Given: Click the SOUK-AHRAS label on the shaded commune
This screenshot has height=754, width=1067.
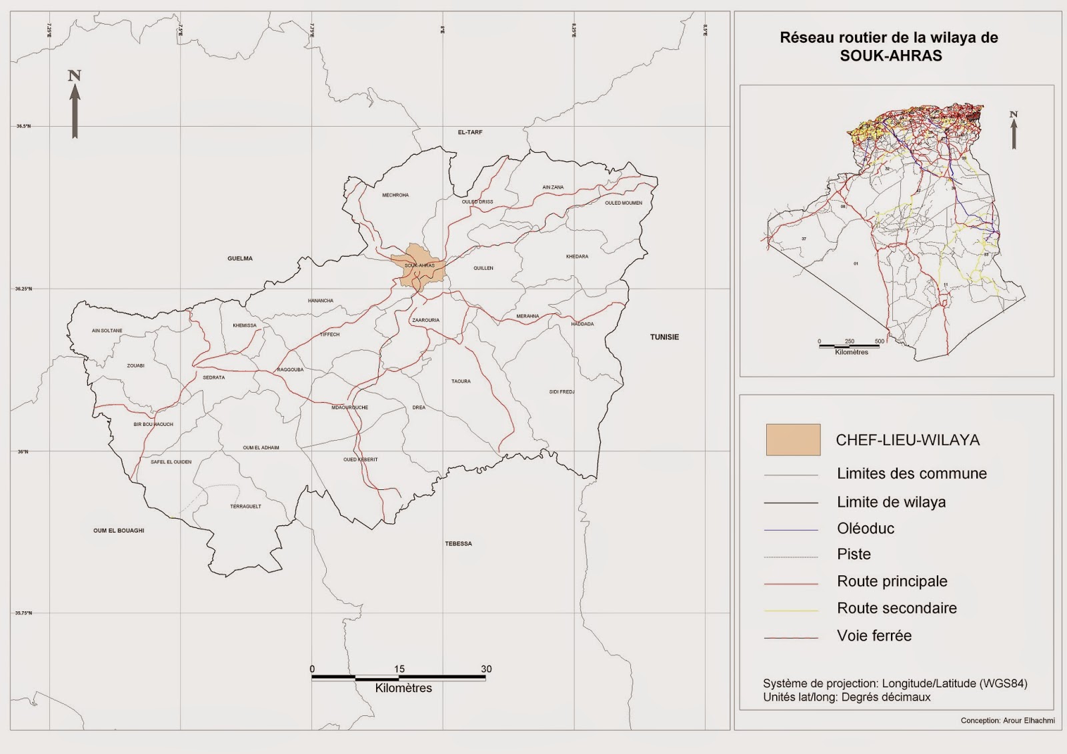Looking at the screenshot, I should click(419, 265).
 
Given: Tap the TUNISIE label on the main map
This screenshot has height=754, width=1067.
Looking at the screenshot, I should click(664, 337).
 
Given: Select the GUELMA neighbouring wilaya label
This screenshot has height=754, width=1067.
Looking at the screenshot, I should click(240, 259).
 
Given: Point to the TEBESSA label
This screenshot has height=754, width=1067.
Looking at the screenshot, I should click(458, 544).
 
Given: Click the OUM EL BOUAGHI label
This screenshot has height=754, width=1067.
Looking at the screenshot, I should click(119, 531).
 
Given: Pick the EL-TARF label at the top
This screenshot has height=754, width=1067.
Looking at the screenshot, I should click(469, 133).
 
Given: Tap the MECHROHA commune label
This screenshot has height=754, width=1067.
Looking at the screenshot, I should click(395, 195).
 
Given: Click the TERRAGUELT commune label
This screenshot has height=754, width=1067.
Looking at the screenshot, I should click(245, 507).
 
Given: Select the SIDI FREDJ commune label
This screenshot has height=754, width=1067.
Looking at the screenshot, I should click(562, 392).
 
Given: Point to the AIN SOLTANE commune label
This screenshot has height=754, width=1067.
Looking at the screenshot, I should click(107, 331).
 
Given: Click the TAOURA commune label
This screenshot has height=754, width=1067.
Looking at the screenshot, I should click(461, 381).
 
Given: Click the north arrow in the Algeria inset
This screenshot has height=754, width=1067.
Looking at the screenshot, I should click(1014, 130).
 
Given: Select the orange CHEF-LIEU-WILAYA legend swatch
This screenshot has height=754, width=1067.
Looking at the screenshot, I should click(793, 440).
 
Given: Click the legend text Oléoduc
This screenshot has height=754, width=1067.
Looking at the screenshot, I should click(866, 529).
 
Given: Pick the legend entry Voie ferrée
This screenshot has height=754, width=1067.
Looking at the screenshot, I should click(874, 636).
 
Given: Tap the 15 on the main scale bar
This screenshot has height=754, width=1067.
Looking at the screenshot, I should click(399, 669).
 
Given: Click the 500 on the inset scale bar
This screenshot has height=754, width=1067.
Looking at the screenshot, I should click(880, 341).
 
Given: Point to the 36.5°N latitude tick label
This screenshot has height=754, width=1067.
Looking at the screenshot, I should click(23, 126).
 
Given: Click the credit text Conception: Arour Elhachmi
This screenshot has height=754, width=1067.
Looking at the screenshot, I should click(1007, 721).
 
